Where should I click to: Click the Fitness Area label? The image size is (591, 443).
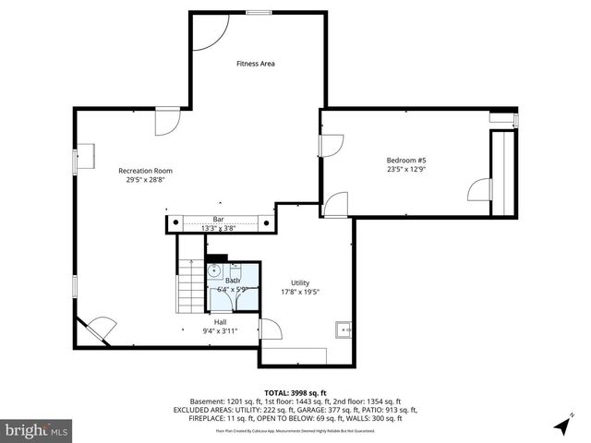point(256,64)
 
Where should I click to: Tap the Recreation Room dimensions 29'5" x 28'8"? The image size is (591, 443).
point(145,181)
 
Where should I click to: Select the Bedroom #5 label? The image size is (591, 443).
point(405,161)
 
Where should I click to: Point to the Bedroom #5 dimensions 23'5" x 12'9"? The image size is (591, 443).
point(405,170)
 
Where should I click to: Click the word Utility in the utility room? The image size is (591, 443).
point(300,283)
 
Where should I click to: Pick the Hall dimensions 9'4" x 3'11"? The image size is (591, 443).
point(221,331)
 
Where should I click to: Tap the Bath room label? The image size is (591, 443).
point(233,280)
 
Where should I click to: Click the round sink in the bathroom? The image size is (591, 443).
point(213,271)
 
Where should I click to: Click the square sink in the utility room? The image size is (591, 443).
point(344,328)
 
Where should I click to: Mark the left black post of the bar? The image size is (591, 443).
point(173,221)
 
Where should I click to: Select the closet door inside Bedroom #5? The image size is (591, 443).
point(479,189)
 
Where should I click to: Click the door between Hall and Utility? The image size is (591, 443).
point(271,329)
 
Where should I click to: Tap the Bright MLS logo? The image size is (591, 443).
point(37,429)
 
